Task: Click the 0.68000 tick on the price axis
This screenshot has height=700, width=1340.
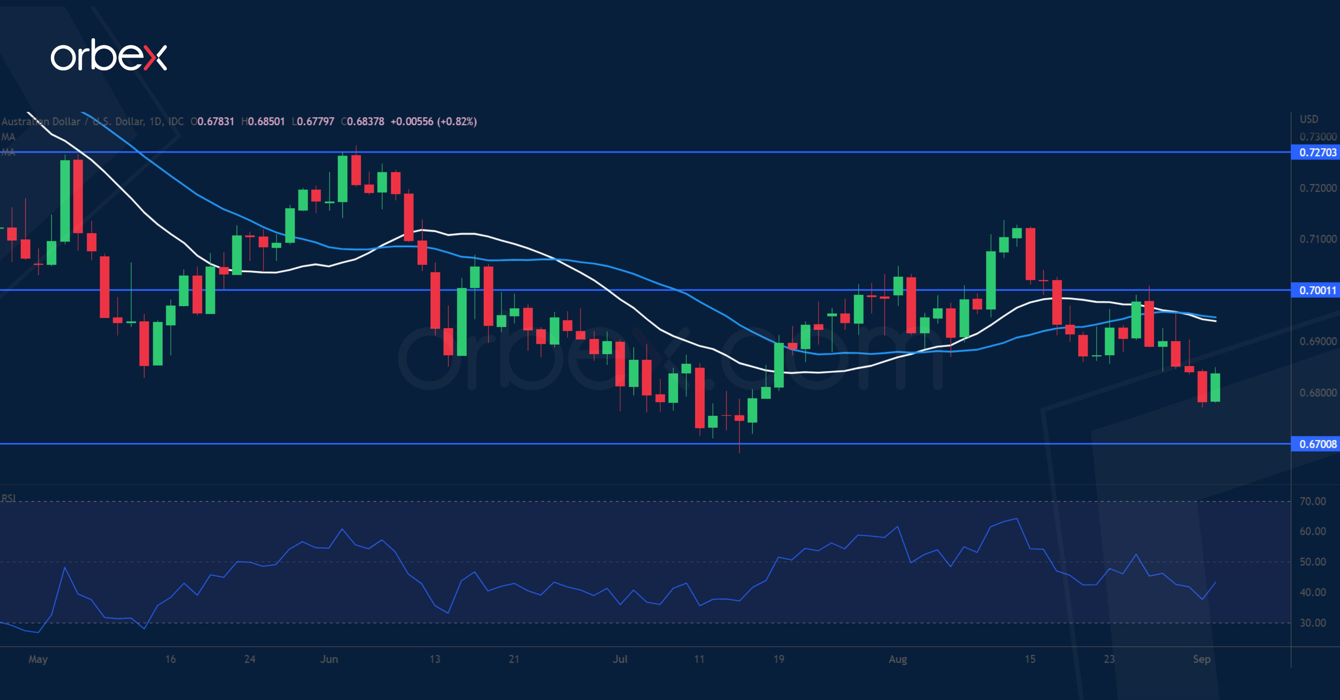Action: click(x=1317, y=393)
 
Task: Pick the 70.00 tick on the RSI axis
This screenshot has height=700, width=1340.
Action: click(x=1312, y=501)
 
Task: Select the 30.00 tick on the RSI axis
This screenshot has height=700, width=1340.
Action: click(x=1312, y=623)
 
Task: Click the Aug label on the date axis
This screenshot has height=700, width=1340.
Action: click(x=898, y=659)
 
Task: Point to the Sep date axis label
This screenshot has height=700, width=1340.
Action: click(x=1201, y=659)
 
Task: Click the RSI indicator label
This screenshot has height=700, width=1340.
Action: click(x=8, y=498)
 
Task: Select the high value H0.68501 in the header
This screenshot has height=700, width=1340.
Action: click(x=263, y=122)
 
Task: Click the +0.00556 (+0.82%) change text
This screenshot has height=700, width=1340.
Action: click(x=433, y=122)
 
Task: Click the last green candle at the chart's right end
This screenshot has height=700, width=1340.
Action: click(x=1215, y=387)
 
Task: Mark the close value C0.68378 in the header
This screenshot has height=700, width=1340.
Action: click(x=363, y=122)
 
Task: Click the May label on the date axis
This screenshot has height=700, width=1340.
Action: click(x=38, y=659)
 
